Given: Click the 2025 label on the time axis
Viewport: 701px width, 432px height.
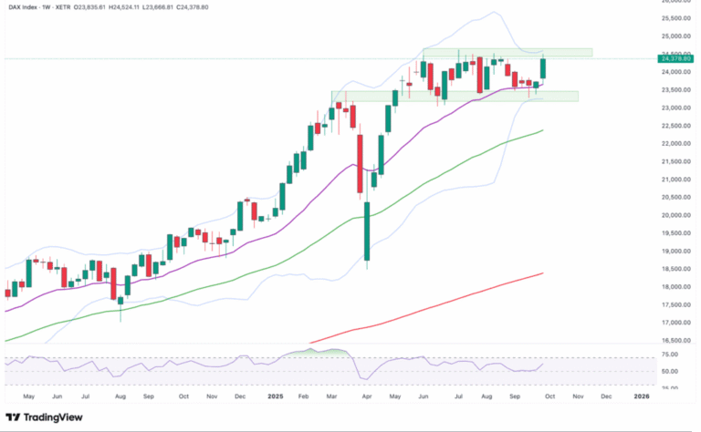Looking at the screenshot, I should [x=275, y=396].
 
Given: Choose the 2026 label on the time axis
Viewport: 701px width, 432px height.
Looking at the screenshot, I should [x=642, y=396].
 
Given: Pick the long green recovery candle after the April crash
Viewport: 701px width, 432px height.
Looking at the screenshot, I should [x=367, y=234].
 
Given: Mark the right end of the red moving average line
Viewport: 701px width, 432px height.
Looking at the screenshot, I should [x=544, y=273].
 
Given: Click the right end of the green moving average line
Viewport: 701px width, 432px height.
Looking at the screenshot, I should [x=544, y=130].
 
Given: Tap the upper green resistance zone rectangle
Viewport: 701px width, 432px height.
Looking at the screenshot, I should [x=507, y=53].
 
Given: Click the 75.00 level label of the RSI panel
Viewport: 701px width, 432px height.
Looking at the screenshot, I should [x=670, y=354].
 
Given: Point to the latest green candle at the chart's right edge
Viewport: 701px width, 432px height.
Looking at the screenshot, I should [x=543, y=68].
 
